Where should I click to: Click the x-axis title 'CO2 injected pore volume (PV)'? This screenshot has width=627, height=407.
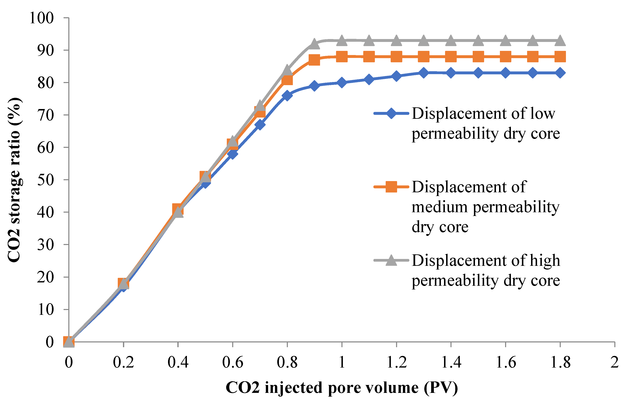pos(342,387)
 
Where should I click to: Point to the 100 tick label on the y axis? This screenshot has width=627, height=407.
pos(42,18)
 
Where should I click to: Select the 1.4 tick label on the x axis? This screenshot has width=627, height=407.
pos(451,362)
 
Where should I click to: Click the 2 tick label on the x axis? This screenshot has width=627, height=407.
pos(614,362)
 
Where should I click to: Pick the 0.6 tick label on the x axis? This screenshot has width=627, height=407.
pos(233,362)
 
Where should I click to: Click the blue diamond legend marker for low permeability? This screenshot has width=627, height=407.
pos(391,114)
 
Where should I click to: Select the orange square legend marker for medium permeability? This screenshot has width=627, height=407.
pos(391,187)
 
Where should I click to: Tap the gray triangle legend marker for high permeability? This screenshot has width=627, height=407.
pos(391,260)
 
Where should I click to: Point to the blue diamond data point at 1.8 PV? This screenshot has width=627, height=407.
pos(560,73)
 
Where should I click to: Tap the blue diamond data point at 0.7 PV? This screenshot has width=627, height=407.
pos(260,124)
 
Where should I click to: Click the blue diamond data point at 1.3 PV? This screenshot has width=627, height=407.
pos(424,73)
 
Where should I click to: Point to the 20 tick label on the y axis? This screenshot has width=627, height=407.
pos(45,277)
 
